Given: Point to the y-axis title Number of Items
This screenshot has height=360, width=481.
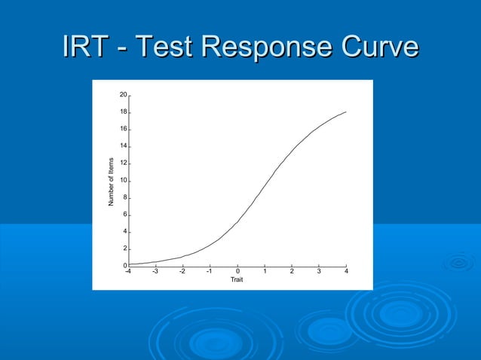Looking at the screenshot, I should pos(112,182).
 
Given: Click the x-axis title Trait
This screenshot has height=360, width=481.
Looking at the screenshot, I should pos(237,280).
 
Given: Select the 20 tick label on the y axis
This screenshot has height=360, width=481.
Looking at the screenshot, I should pos(123,95).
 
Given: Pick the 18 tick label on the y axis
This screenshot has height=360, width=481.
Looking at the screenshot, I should pos(123,112).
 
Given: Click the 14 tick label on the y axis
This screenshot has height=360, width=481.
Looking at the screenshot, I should pos(123,146).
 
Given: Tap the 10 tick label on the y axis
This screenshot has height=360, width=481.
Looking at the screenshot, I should pos(123,181).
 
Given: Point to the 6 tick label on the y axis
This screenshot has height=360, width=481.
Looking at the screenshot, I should pos(124,215).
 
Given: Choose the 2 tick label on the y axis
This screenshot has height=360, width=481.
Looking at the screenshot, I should pos(124,249).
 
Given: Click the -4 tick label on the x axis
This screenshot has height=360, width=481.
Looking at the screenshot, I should pos(127,272).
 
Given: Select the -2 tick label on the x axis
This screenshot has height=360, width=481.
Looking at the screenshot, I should pos(182,272).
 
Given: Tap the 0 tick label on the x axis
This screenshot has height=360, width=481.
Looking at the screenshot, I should pos(237,272).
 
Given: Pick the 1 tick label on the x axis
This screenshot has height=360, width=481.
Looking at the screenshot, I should pos(265,272).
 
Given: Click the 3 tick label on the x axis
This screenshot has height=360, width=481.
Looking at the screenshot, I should pos(319,272).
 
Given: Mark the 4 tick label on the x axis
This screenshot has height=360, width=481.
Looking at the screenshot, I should pos(346,272).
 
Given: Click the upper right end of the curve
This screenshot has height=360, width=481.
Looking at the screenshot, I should pos(345,112).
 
